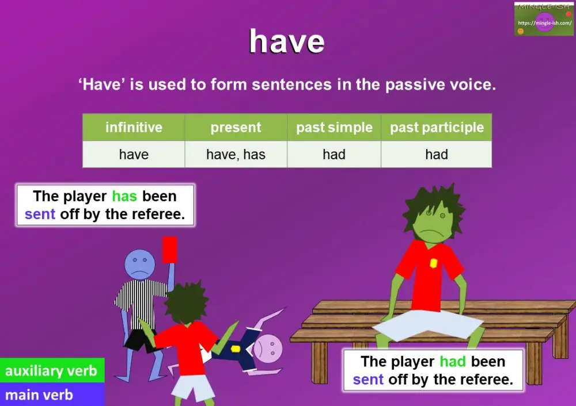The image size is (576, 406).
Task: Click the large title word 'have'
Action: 286,41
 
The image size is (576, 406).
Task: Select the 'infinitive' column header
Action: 134,127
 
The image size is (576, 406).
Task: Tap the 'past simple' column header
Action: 334,127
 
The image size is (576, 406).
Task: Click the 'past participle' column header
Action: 437,127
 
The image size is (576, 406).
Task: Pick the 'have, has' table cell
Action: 236,154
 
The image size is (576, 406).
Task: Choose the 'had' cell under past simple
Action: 334,154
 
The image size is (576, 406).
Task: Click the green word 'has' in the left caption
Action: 124,196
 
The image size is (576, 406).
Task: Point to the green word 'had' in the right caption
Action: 452,362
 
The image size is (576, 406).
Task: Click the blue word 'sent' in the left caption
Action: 40,215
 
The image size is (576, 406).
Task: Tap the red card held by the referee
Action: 169,250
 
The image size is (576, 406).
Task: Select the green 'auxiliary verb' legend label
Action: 51,371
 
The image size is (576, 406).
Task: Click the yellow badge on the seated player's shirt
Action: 433,263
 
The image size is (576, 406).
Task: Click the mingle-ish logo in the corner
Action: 544,19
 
